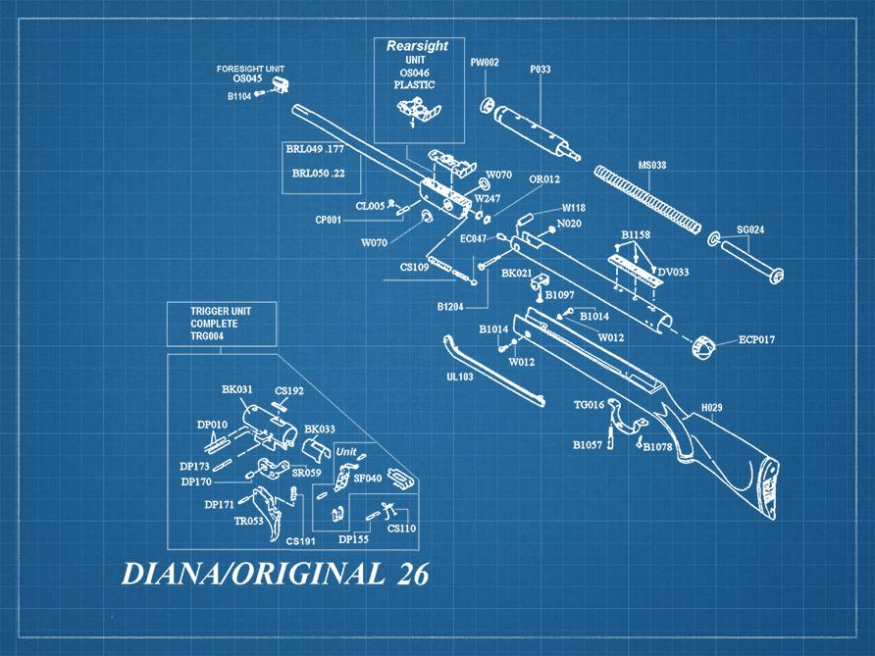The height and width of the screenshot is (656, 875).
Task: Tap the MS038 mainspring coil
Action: pyautogui.click(x=650, y=201)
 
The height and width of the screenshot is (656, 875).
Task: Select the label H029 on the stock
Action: pyautogui.click(x=711, y=407)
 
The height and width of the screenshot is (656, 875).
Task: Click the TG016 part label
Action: pyautogui.click(x=589, y=404)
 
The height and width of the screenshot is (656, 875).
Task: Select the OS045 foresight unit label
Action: pyautogui.click(x=249, y=80)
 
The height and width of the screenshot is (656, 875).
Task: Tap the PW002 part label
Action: pyautogui.click(x=485, y=63)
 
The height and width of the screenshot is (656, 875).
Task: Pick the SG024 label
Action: pyautogui.click(x=750, y=229)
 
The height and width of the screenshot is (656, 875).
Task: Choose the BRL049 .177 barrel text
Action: pyautogui.click(x=314, y=149)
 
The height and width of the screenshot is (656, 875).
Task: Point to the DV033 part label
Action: pyautogui.click(x=673, y=271)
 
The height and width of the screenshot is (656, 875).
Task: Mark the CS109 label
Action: pyautogui.click(x=413, y=267)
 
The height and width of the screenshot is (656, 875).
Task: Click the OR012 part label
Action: pyautogui.click(x=544, y=179)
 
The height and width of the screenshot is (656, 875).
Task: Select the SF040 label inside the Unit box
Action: pyautogui.click(x=367, y=478)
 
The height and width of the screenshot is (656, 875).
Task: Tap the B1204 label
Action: pyautogui.click(x=452, y=307)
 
